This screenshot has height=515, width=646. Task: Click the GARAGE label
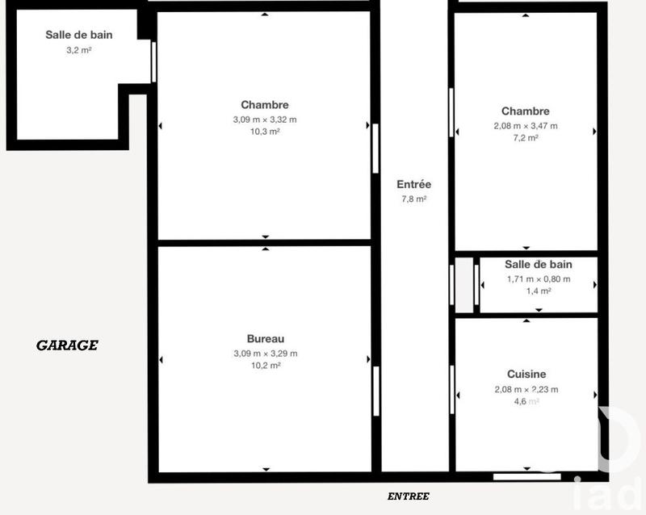coord(67,345)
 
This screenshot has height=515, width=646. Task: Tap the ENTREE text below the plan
coord(409,496)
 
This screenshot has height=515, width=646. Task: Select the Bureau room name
coord(265,339)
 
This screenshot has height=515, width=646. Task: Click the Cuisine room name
coord(526,374)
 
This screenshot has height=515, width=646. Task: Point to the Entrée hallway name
coord(413,184)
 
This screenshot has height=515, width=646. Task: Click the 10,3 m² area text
coord(265,132)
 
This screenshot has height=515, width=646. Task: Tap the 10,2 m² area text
coord(265,366)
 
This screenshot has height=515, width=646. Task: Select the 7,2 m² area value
coord(526,138)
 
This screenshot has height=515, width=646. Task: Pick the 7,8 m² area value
coord(413,199)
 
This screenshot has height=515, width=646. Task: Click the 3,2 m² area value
coord(79,50)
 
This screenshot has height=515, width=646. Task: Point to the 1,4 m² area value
coord(538,291)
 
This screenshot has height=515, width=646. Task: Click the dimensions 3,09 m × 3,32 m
coord(265,119)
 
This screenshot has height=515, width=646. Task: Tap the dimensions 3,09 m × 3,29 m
coord(265,353)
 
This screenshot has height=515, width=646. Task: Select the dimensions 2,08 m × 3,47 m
coord(526,125)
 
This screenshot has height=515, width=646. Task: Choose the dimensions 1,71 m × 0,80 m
coord(538,279)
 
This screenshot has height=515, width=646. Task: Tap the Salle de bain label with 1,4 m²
coord(538,264)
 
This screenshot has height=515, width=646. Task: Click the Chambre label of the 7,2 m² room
coord(526,111)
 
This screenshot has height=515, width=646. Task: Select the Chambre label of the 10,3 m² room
coord(265,104)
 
